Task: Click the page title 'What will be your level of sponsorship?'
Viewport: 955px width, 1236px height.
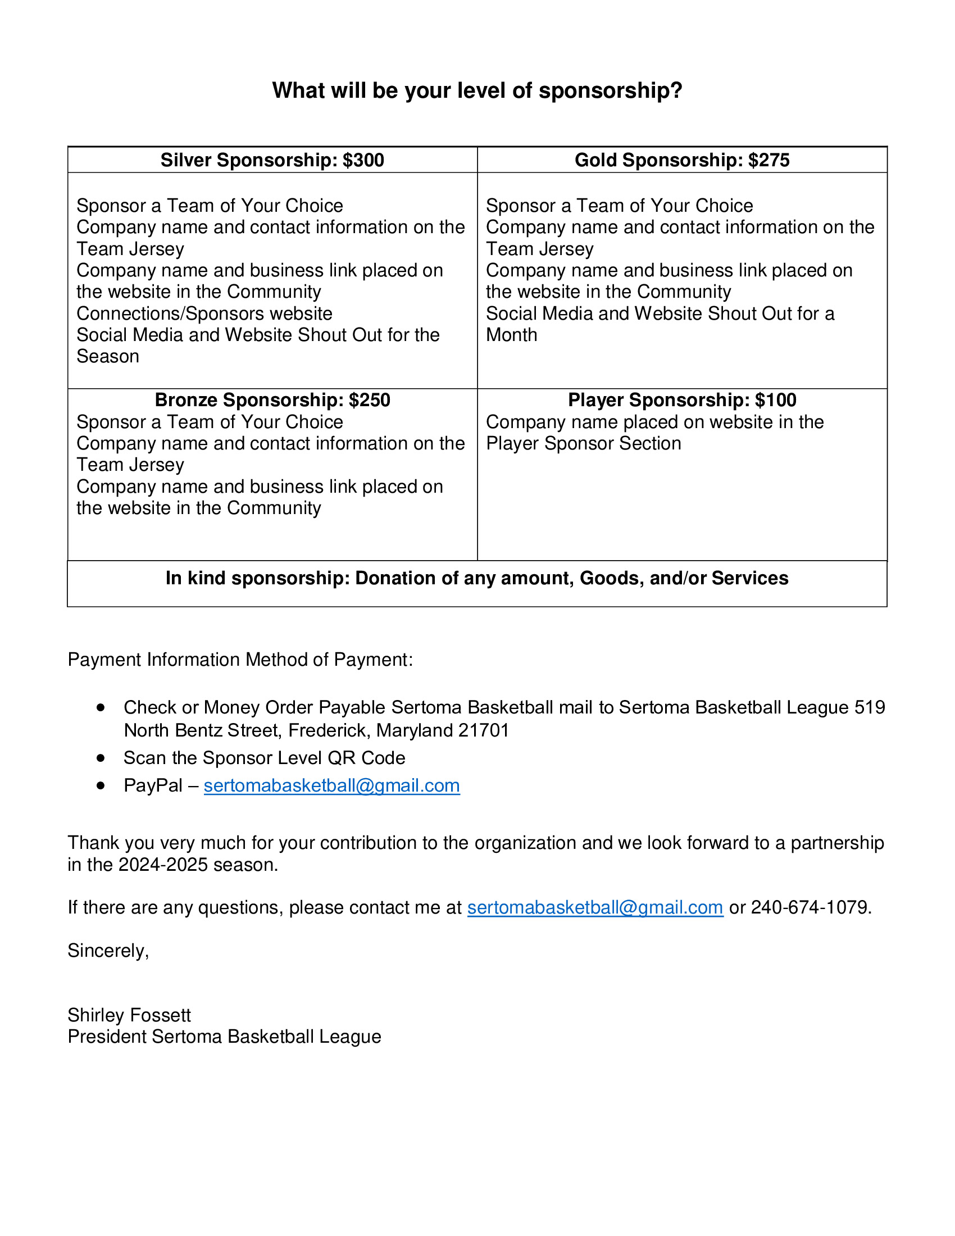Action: pos(477,90)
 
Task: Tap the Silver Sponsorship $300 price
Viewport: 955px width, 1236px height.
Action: pos(363,160)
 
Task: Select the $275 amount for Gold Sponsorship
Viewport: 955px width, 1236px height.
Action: pos(769,160)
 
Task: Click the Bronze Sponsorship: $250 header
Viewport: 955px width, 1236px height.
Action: pos(272,400)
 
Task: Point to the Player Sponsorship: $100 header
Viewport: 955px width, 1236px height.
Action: pos(682,400)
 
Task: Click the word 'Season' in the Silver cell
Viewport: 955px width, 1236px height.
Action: pos(107,357)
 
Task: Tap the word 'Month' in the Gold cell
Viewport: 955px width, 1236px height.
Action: pos(511,335)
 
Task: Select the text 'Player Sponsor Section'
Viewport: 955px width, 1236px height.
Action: pos(583,443)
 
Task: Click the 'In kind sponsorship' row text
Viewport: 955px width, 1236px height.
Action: pos(477,578)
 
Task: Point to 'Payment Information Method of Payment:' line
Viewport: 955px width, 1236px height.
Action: pos(240,660)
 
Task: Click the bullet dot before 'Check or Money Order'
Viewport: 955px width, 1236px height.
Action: pos(101,707)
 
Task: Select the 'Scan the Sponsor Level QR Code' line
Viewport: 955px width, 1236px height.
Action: pos(264,758)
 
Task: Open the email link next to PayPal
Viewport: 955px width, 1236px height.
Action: pos(331,785)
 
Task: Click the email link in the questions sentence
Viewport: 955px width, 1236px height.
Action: pos(595,907)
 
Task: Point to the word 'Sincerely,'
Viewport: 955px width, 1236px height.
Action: pos(108,950)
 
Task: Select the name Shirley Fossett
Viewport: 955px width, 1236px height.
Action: pos(129,1015)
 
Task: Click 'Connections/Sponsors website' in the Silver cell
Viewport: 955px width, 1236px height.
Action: pos(204,313)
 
